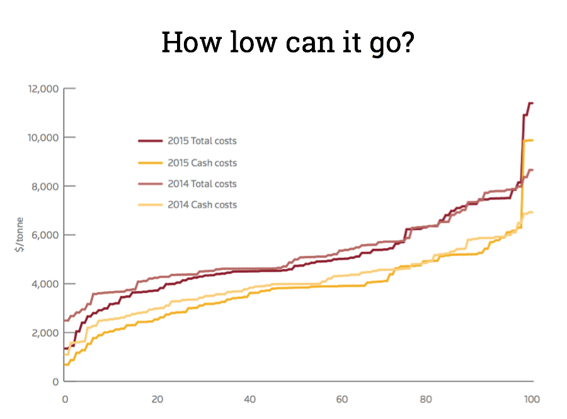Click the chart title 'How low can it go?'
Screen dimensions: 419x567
tap(287, 42)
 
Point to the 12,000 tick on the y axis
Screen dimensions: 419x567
tap(43, 89)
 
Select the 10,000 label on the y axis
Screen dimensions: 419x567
tap(43, 137)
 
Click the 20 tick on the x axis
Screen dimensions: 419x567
tap(157, 399)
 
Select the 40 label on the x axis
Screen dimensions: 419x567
tap(250, 399)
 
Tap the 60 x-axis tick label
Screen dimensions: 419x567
tap(343, 399)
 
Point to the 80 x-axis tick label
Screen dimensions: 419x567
tap(435, 399)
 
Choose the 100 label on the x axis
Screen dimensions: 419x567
tap(532, 399)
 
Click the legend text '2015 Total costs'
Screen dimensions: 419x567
tap(202, 141)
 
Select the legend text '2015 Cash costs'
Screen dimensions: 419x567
tap(202, 163)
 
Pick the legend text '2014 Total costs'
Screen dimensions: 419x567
tap(202, 184)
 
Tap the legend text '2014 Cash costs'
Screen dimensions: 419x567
tap(202, 205)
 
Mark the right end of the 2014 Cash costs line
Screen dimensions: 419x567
tap(533, 212)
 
